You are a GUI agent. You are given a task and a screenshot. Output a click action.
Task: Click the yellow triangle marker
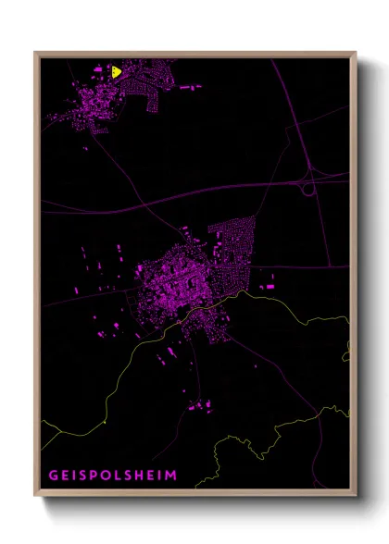click(116, 71)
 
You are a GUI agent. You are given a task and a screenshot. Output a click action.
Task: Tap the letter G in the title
click(53, 476)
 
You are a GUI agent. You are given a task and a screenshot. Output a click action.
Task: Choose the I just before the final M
click(159, 476)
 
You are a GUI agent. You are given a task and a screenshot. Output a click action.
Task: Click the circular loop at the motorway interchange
click(307, 188)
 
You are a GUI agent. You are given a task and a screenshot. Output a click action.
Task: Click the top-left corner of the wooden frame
click(35, 53)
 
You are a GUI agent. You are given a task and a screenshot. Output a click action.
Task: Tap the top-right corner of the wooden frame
click(356, 53)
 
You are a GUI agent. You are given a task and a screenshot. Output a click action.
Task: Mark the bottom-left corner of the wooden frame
click(35, 495)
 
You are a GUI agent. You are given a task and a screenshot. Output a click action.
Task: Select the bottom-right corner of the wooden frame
click(356, 495)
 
